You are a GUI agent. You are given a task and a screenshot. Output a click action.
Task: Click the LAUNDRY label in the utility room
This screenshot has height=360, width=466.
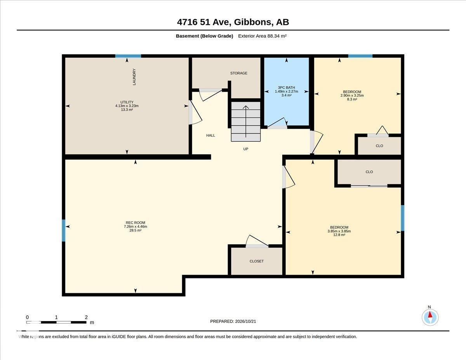coord(134,77)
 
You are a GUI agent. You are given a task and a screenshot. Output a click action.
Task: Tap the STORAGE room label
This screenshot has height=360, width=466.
coord(239,73)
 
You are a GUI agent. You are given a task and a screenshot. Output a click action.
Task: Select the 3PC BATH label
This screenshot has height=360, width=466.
coord(286,87)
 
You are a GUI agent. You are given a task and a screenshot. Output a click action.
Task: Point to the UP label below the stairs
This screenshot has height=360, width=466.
coord(246,149)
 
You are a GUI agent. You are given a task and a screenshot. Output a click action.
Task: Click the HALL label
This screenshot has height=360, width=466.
coord(210,135)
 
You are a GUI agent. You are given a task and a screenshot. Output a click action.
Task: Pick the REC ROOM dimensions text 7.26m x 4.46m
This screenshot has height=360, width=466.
coord(135,226)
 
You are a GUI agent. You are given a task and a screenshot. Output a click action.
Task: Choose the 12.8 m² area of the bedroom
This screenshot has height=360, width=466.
coord(339,235)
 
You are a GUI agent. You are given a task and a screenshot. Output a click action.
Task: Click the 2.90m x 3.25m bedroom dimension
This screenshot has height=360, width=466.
coord(352,96)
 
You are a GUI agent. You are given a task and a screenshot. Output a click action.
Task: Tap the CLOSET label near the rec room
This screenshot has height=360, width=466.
coord(256,261)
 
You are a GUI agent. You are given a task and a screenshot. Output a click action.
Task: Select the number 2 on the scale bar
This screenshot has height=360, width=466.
coord(86,317)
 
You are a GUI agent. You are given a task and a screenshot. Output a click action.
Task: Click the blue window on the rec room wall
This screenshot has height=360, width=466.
coord(63,231)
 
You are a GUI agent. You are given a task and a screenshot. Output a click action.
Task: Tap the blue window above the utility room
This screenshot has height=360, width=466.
coord(128,56)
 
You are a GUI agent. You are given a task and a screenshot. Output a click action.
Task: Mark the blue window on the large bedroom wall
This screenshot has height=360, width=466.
coord(403,218)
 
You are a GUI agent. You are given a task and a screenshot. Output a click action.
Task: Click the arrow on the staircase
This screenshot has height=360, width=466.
coord(246,121)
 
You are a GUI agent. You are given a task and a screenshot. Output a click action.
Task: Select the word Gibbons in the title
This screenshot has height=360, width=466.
coord(252,22)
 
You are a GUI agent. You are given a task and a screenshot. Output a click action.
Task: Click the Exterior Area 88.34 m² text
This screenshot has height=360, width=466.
coord(262,36)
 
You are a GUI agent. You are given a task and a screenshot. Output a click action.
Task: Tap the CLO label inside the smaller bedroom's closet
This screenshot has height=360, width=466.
coord(379,146)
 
